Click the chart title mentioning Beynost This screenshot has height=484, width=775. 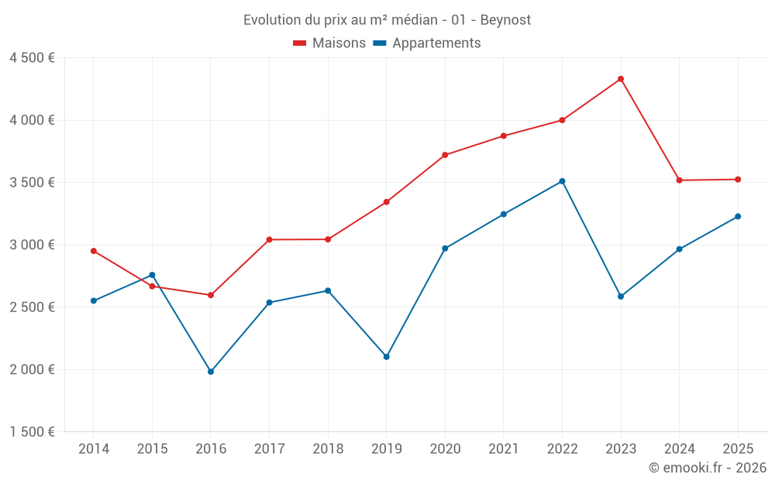point(387,20)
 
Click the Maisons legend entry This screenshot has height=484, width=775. point(329,43)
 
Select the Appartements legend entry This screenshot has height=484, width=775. point(427,43)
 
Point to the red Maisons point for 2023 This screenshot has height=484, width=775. point(621,79)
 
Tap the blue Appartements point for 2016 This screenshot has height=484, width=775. point(211,372)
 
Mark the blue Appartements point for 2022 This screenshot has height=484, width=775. point(562,181)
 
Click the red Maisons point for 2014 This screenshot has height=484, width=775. point(94,251)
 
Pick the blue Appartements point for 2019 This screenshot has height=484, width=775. point(387,357)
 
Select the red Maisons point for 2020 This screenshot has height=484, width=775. point(445,155)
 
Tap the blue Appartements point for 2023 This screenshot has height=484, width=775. point(621,297)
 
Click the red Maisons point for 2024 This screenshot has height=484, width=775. point(680,180)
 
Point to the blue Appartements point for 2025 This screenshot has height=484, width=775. point(738,217)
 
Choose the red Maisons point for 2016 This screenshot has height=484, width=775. point(211,295)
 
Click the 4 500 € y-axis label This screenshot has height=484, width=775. point(32,58)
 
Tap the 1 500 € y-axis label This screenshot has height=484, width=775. point(32,432)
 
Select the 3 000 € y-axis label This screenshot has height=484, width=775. point(32,245)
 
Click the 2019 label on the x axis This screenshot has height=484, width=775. point(387,449)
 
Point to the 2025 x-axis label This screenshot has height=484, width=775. point(738,449)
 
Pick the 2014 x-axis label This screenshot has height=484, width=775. point(94,449)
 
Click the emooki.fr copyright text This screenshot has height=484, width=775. point(708,468)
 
